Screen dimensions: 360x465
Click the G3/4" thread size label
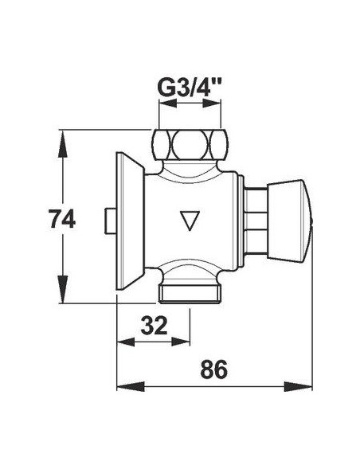[190, 88]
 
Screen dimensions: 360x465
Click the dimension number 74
[62, 219]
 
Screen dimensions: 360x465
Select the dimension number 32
[155, 326]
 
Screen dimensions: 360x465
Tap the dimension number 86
[213, 369]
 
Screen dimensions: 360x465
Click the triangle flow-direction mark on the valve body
[190, 221]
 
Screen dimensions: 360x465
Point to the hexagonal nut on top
[190, 145]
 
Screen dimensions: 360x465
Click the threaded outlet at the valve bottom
[190, 294]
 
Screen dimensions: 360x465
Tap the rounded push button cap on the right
[290, 220]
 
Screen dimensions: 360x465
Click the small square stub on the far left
[111, 221]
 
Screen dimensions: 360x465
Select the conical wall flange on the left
[130, 221]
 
